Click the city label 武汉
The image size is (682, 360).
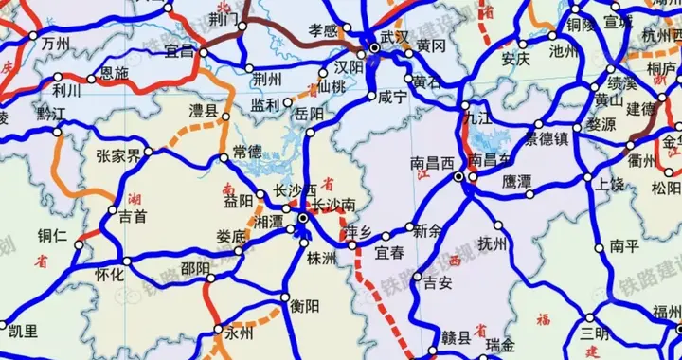click(395, 36)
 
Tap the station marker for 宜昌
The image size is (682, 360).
click(203, 52)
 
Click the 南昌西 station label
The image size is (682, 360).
click(433, 163)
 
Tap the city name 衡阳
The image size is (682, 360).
click(305, 305)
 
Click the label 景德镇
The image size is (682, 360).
click(548, 138)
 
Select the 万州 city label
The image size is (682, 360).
click(56, 45)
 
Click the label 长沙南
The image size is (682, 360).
click(335, 205)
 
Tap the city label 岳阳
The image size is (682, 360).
click(310, 114)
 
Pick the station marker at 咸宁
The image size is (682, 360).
click(370, 97)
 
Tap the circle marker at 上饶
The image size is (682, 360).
click(588, 177)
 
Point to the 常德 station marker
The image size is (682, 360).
click(224, 156)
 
